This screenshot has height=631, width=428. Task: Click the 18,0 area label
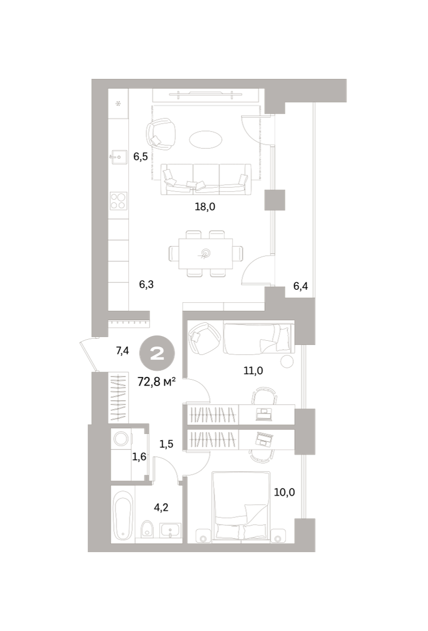(205, 207)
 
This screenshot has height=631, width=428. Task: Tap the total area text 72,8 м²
(156, 382)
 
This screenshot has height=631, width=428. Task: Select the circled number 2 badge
(157, 353)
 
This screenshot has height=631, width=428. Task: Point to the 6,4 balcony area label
(300, 286)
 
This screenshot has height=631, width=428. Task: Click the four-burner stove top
(119, 201)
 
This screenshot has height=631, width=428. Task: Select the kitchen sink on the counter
(119, 157)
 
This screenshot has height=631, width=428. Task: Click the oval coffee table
(206, 139)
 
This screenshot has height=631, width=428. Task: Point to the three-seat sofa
(206, 179)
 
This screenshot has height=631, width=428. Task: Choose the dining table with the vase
(206, 253)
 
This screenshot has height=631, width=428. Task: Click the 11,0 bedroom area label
(253, 371)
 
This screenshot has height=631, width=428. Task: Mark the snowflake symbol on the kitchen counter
(119, 104)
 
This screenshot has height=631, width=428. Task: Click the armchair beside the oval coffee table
(161, 134)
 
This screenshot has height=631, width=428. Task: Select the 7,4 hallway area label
(122, 351)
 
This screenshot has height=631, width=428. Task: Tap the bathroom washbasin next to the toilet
(170, 531)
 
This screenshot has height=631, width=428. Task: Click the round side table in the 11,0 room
(287, 361)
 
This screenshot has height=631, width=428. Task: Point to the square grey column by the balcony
(275, 200)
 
